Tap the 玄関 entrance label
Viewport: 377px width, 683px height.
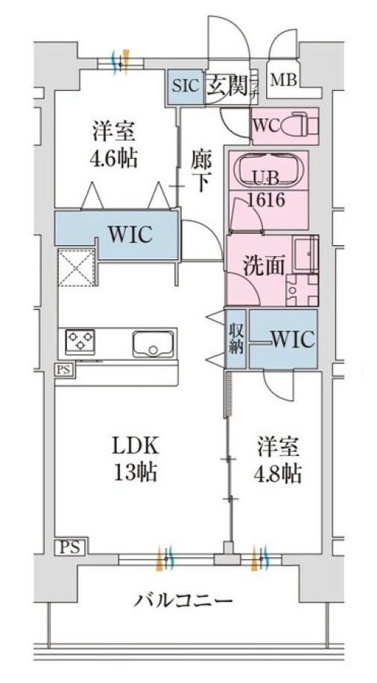point(223,84)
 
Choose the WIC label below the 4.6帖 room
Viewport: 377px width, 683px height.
point(130,235)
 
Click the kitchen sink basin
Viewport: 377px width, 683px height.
point(153,344)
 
